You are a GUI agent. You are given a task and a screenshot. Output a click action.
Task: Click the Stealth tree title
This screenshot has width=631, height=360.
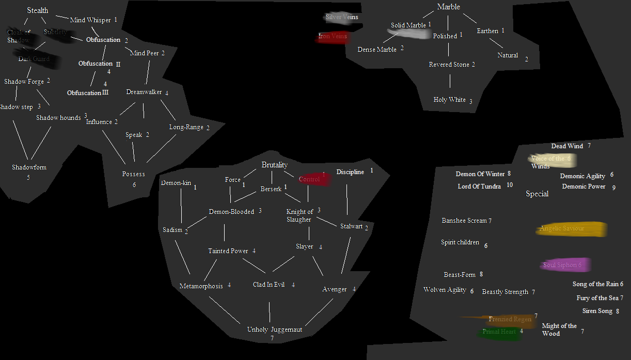pyautogui.click(x=38, y=10)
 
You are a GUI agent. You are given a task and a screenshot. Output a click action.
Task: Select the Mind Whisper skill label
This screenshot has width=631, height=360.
pyautogui.click(x=90, y=20)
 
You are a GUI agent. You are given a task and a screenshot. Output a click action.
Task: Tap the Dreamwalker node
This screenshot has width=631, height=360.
pyautogui.click(x=144, y=92)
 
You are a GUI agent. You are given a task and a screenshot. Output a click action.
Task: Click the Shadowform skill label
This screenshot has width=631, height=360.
pyautogui.click(x=29, y=167)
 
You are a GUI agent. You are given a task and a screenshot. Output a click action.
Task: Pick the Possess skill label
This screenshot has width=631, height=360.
pyautogui.click(x=134, y=174)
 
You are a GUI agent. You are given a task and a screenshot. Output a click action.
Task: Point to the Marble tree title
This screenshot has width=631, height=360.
pyautogui.click(x=448, y=7)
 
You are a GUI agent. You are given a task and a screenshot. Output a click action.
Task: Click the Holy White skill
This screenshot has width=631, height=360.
pyautogui.click(x=450, y=100)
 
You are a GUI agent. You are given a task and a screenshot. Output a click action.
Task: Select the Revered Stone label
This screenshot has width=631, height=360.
pyautogui.click(x=449, y=65)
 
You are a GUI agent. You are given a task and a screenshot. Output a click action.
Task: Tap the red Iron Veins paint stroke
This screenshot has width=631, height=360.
pyautogui.click(x=333, y=37)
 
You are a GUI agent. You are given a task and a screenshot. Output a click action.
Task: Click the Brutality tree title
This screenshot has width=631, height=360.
pyautogui.click(x=274, y=165)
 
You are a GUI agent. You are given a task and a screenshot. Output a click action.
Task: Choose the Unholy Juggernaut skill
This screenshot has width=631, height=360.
pyautogui.click(x=274, y=330)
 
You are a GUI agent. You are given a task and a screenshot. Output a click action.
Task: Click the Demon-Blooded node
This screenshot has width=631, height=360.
pyautogui.click(x=231, y=212)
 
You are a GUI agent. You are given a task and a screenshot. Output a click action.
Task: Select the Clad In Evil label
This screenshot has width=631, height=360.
pyautogui.click(x=269, y=285)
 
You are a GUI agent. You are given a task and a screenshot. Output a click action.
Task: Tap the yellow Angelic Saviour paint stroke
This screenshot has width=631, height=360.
pyautogui.click(x=571, y=229)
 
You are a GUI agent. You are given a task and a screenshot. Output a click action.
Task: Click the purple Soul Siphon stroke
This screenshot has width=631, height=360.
pyautogui.click(x=564, y=265)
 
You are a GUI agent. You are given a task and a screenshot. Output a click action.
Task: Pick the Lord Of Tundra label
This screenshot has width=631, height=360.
pyautogui.click(x=479, y=186)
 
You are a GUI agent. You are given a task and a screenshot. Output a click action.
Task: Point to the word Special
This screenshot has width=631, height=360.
pyautogui.click(x=537, y=194)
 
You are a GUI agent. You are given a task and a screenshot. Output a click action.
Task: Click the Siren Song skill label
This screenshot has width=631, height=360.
pyautogui.click(x=597, y=311)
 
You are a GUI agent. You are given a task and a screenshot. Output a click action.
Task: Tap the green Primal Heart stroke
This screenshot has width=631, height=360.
pyautogui.click(x=498, y=332)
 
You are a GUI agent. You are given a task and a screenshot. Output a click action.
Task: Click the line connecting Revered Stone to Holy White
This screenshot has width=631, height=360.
pyautogui.click(x=450, y=81)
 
